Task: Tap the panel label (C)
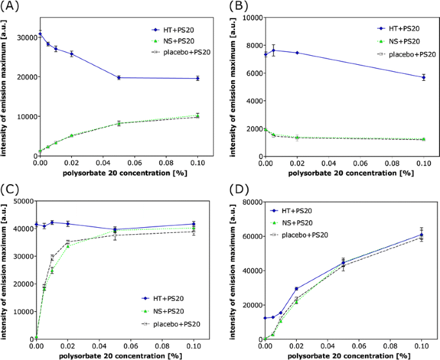point(12,190)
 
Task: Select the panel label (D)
point(234,190)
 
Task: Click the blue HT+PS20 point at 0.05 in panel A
point(118,78)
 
